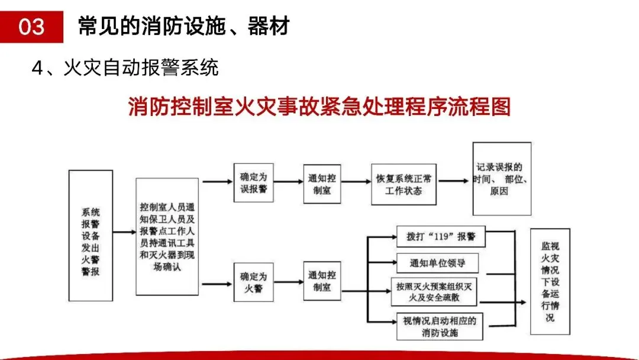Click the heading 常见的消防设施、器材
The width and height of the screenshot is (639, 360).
pos(183,27)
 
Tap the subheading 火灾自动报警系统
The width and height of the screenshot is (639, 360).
pos(125,67)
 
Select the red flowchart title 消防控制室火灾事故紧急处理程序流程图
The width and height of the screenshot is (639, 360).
pos(319,108)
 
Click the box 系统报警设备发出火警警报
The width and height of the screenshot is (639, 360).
pos(91,236)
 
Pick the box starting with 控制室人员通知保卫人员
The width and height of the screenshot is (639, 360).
pos(167,236)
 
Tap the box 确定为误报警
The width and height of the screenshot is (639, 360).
pos(253,182)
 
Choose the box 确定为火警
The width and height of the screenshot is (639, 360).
pos(253,282)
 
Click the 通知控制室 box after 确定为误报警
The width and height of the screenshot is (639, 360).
pos(323,182)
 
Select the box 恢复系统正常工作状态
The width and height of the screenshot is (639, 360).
pos(405,184)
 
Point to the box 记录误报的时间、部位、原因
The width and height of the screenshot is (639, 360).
pos(501,179)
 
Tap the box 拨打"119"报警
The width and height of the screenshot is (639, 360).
pos(441,236)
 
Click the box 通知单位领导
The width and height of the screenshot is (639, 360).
pos(437,263)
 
